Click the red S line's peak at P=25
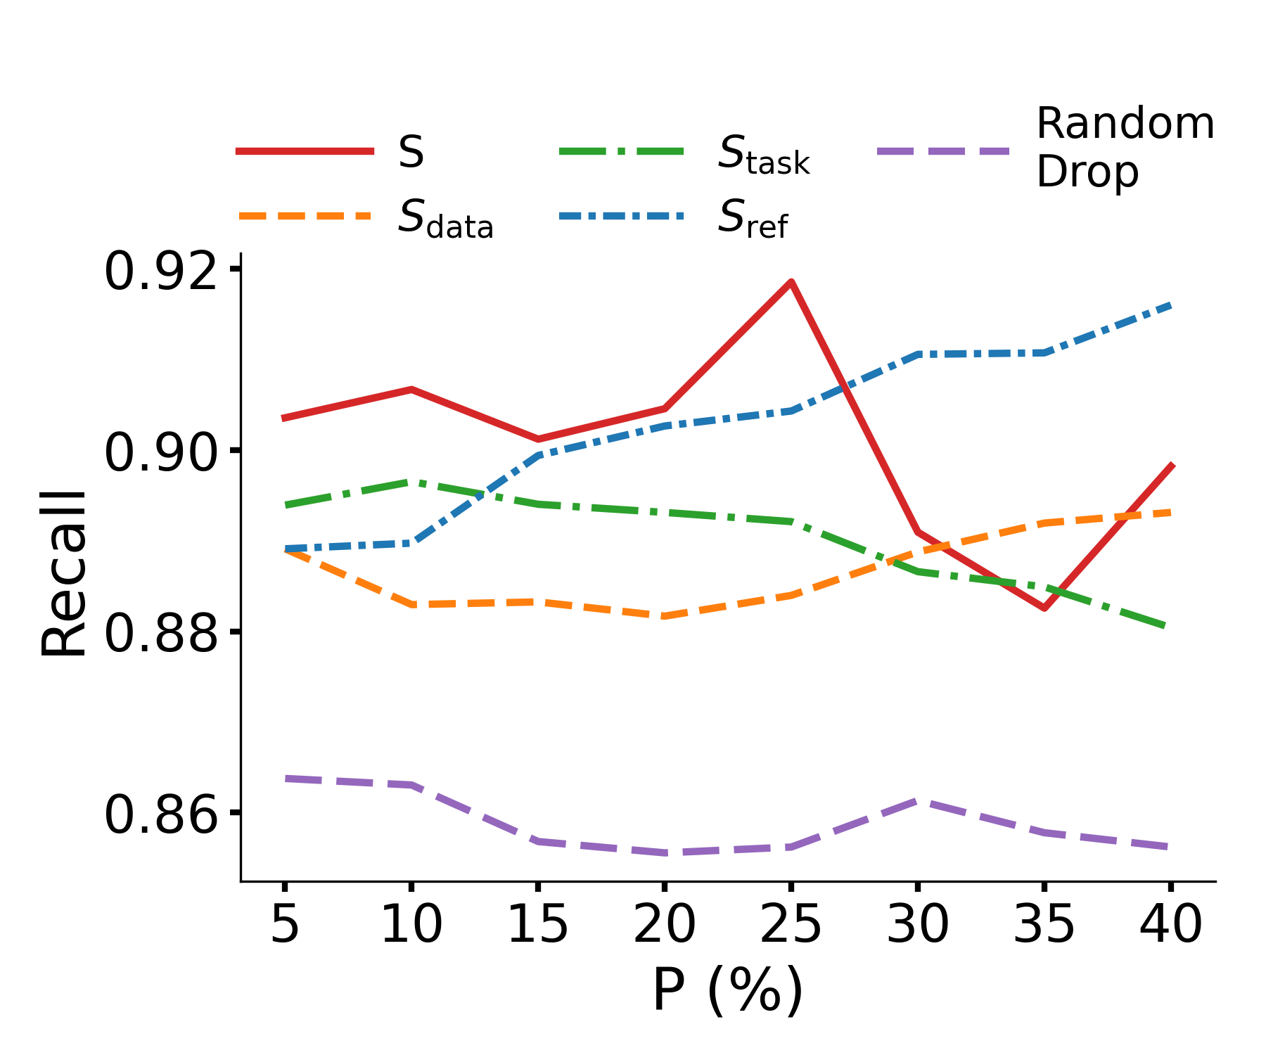pyautogui.click(x=791, y=282)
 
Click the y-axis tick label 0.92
pyautogui.click(x=160, y=272)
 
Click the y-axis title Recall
pyautogui.click(x=63, y=573)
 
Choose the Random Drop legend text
pyautogui.click(x=1124, y=148)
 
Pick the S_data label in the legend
pyautogui.click(x=445, y=218)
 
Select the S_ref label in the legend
pyautogui.click(x=753, y=218)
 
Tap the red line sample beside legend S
pyautogui.click(x=305, y=151)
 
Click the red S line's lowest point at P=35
pyautogui.click(x=1044, y=608)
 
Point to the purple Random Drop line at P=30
pyautogui.click(x=918, y=801)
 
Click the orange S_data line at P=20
pyautogui.click(x=665, y=616)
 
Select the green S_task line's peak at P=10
pyautogui.click(x=411, y=482)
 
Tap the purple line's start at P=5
pyautogui.click(x=284, y=778)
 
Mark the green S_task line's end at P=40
pyautogui.click(x=1168, y=626)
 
